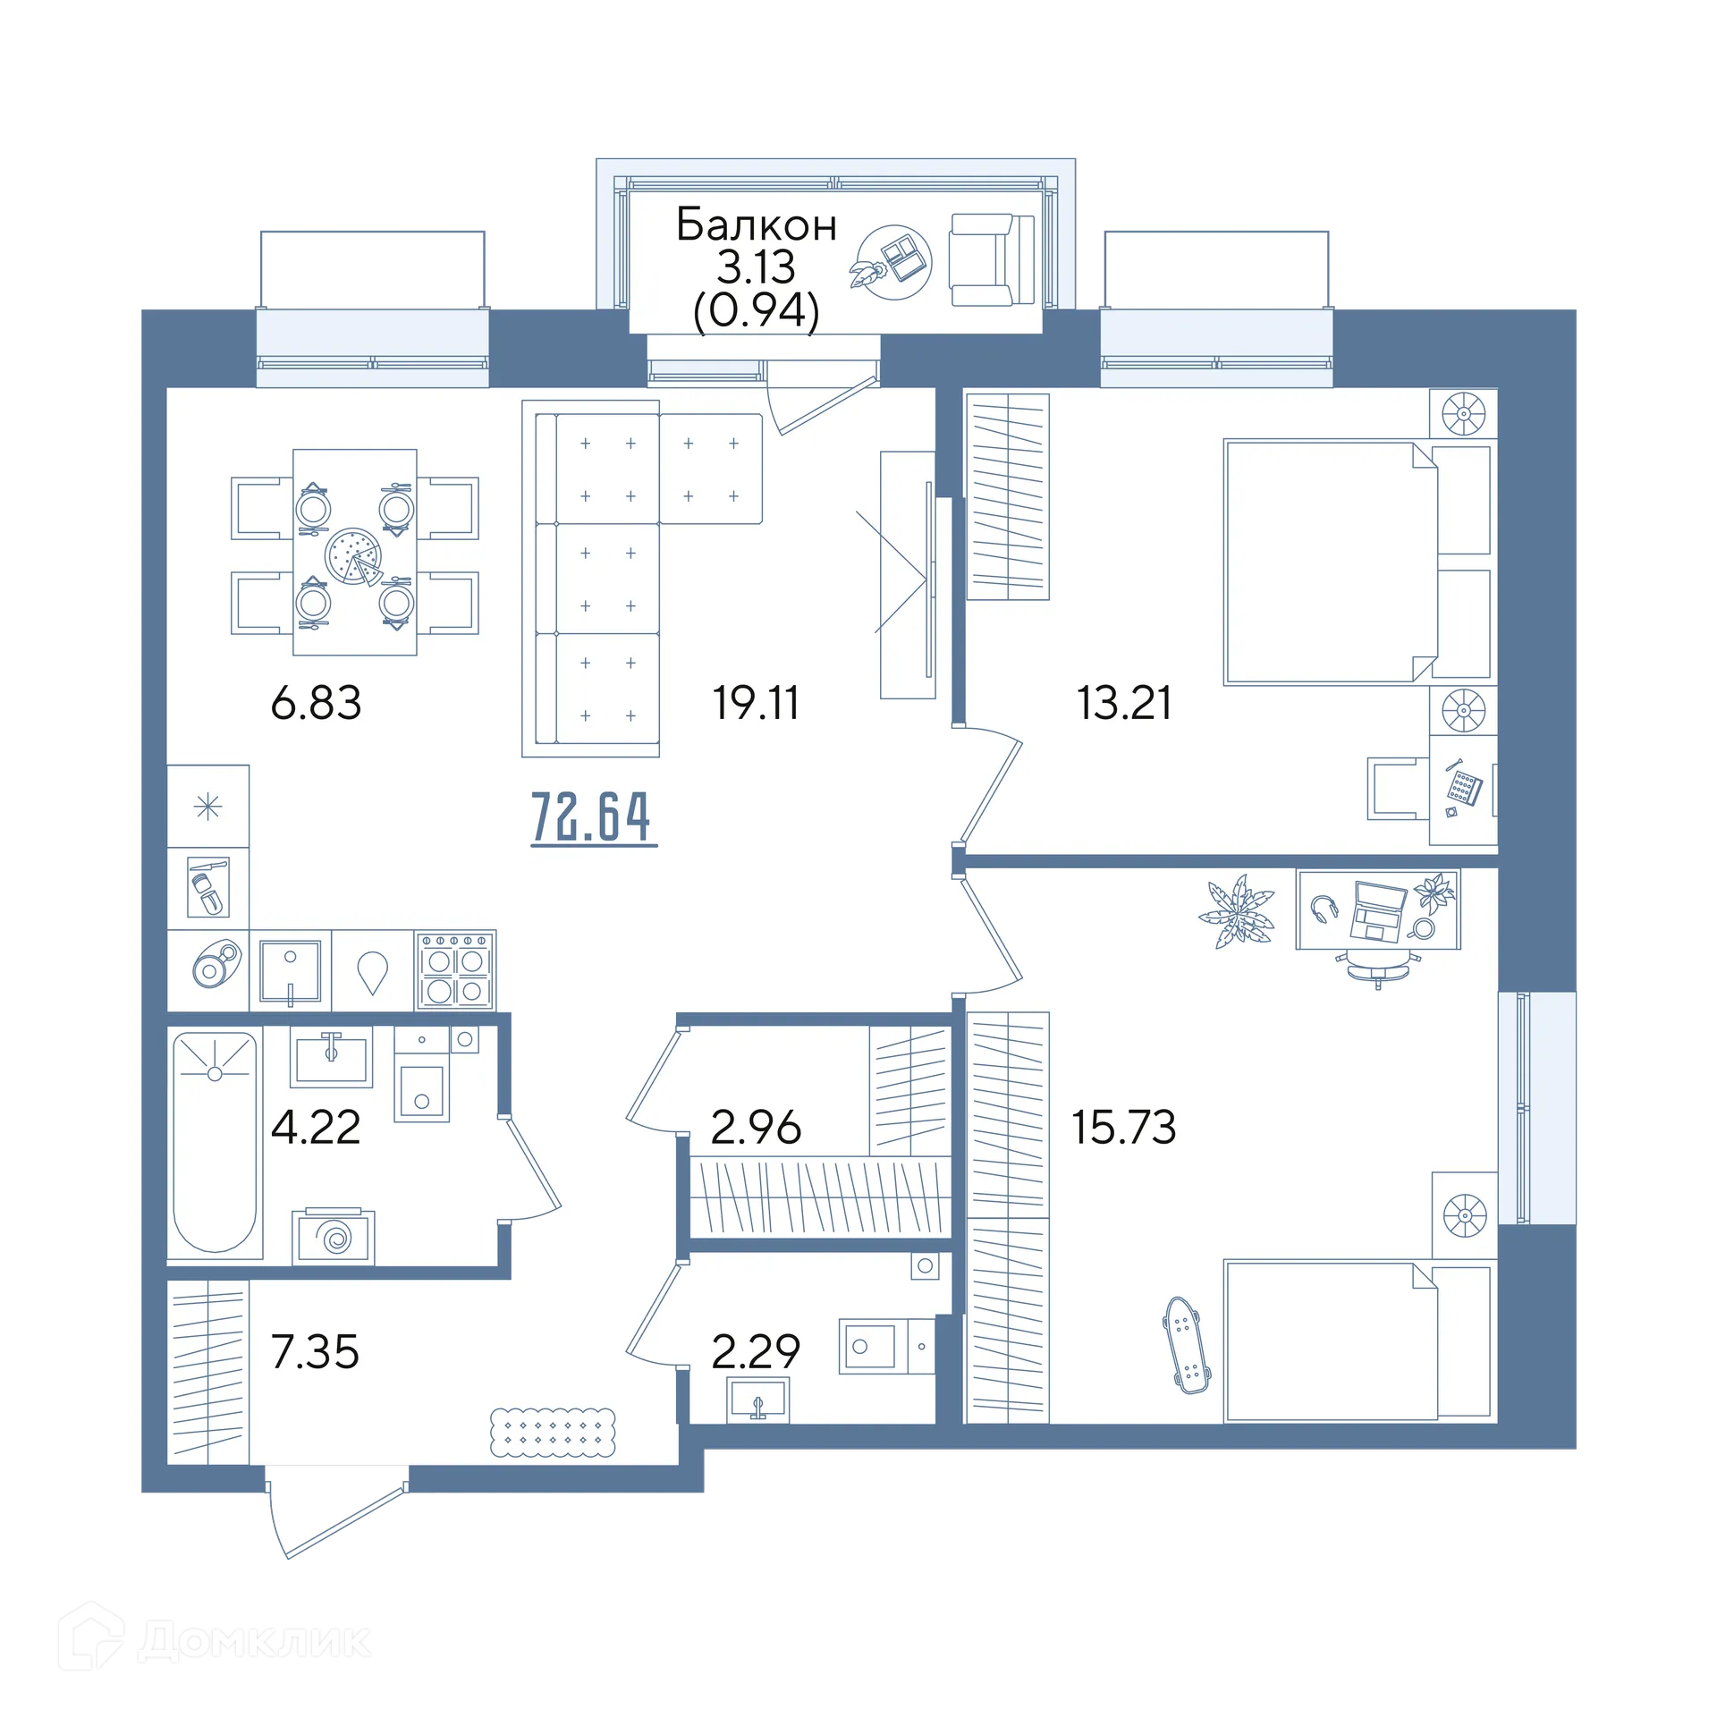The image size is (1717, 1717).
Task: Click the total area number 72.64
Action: point(594,816)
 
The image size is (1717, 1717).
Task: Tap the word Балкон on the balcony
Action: point(756,224)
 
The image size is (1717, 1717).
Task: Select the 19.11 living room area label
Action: point(756,702)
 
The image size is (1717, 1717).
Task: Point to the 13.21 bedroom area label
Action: point(1124,702)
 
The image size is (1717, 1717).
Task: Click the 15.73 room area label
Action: point(1124,1127)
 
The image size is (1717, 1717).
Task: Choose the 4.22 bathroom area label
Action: point(316,1127)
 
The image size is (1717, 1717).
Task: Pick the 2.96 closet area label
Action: point(756,1127)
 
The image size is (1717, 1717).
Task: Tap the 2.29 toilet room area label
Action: point(756,1351)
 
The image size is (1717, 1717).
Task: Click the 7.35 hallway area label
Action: point(316,1351)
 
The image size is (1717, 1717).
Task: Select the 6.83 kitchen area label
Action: point(316,702)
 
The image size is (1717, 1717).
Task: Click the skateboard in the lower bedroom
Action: point(1187,1345)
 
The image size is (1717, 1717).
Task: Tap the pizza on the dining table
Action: point(354,556)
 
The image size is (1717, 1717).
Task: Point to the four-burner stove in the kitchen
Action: point(455,971)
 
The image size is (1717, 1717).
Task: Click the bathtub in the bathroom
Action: point(215,1142)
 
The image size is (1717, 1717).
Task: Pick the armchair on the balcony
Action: point(991,260)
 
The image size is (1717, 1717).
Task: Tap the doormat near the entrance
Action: point(553,1432)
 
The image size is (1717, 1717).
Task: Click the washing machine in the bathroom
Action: point(334,1236)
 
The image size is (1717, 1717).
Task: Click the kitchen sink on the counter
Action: point(291,971)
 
